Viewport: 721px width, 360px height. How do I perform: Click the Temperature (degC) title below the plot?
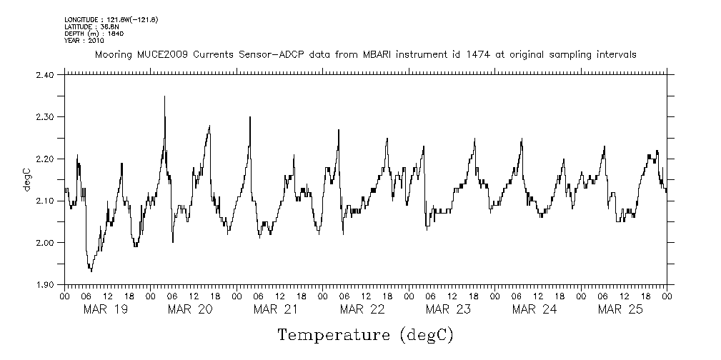point(365,334)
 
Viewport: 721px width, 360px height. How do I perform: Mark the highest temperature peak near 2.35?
point(165,96)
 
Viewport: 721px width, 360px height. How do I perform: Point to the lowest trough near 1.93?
point(91,271)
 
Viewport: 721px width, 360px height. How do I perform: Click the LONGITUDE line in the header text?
point(111,19)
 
